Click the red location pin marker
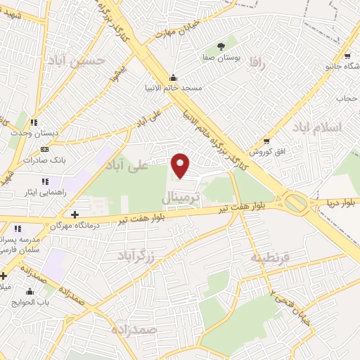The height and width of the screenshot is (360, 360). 181,166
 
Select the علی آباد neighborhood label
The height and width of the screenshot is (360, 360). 127,166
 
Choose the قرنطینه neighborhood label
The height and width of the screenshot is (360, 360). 269,257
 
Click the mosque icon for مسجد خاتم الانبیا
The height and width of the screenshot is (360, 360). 173,77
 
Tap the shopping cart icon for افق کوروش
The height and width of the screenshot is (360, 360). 265,141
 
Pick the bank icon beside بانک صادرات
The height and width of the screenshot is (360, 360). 45,149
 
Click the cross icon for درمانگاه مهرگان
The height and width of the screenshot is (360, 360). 75,214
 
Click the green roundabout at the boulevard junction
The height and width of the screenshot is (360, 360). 296,203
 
